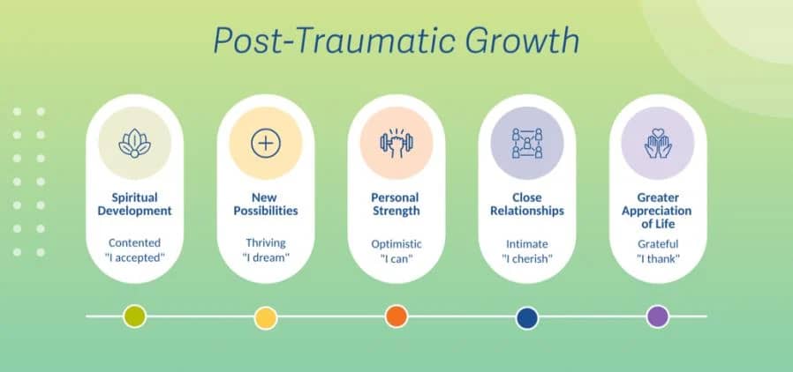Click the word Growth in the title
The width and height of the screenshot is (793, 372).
[522, 40]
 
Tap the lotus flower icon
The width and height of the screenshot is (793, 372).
[134, 144]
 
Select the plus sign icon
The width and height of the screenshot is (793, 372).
[266, 144]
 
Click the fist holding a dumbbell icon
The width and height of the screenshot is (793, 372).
[396, 144]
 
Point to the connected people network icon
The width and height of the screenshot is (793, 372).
[527, 144]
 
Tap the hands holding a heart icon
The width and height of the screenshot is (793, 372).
[658, 144]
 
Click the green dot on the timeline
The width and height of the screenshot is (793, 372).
[134, 317]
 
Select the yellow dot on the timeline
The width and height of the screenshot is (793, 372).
[266, 318]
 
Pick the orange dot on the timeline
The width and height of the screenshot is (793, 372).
[396, 316]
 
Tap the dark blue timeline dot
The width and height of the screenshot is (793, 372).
[527, 318]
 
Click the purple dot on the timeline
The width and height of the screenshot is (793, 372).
[658, 317]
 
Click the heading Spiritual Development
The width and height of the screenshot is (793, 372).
[134, 204]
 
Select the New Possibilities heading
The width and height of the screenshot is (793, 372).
[266, 204]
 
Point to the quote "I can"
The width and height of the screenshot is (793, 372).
[396, 259]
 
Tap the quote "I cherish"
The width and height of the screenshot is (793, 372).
[527, 259]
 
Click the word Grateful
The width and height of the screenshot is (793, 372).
[658, 244]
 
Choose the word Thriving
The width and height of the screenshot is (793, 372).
[266, 242]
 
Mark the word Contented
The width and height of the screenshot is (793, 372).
[134, 242]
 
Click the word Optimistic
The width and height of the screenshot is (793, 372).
[396, 244]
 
